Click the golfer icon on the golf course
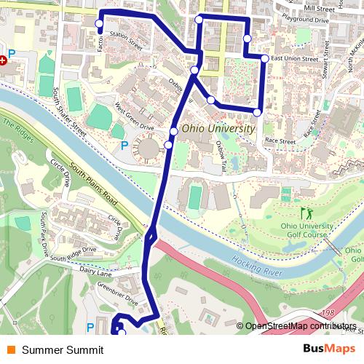tap(305, 213)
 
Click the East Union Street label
tap(294, 58)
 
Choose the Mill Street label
tap(320, 8)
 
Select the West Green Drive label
tap(135, 117)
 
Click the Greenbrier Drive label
tap(122, 298)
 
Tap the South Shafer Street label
tap(69, 113)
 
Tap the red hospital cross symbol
tap(3, 60)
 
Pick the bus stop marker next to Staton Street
tap(99, 24)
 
